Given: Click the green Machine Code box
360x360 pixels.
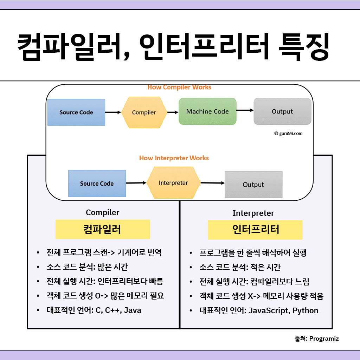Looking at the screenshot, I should (207, 111).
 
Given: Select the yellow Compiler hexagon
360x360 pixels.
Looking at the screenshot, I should (144, 112).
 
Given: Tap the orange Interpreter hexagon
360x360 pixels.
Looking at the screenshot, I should (173, 183).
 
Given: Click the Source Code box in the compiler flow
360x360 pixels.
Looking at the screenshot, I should (76, 112).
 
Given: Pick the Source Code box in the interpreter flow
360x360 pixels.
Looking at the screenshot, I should (97, 184).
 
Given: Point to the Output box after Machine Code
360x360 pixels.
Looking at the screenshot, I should (282, 111).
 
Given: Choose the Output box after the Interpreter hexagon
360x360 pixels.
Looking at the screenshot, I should (253, 185).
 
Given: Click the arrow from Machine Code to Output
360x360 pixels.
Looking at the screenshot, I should (245, 110).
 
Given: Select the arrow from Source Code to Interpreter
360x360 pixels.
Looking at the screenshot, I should (136, 183).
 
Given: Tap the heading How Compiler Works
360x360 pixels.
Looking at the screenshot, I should (179, 87).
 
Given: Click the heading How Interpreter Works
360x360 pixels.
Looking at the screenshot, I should (174, 158).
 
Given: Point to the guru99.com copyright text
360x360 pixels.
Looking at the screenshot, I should (288, 134).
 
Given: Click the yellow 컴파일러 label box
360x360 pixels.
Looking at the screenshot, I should (103, 230).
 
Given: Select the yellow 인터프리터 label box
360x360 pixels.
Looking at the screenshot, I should (255, 230).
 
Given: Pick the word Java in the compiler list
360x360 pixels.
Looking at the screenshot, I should (133, 310).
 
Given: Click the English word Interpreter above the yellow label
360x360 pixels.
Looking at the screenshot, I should (253, 213).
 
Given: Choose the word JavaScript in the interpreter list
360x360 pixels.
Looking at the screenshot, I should (269, 310).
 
